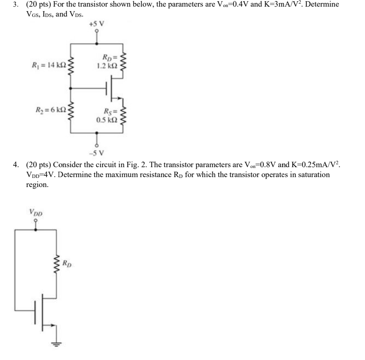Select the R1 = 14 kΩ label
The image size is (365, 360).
48,65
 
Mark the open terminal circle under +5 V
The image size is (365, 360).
97,31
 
